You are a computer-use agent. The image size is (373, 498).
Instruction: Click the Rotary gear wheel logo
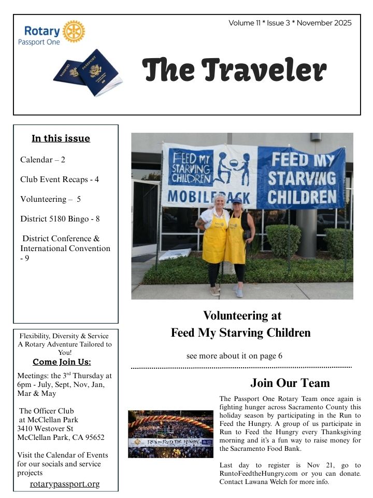(x=74, y=31)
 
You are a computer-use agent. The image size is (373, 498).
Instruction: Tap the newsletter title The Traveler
(x=234, y=70)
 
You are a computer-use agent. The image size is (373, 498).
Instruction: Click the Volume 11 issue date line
(x=290, y=23)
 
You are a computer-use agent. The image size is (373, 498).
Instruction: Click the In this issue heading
(x=61, y=139)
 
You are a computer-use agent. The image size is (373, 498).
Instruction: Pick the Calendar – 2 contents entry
(x=42, y=160)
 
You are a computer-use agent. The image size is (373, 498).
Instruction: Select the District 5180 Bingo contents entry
(x=60, y=219)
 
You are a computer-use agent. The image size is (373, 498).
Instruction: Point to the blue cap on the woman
(x=237, y=200)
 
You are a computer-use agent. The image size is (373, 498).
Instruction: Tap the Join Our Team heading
(x=290, y=383)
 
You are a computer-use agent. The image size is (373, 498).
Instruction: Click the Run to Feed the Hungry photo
(x=170, y=434)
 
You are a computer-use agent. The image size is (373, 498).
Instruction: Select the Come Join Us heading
(x=65, y=362)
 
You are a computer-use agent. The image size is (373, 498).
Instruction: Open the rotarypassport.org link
(x=65, y=484)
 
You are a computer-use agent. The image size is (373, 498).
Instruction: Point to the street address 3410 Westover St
(x=45, y=428)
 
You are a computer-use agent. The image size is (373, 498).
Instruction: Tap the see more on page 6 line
(x=234, y=356)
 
